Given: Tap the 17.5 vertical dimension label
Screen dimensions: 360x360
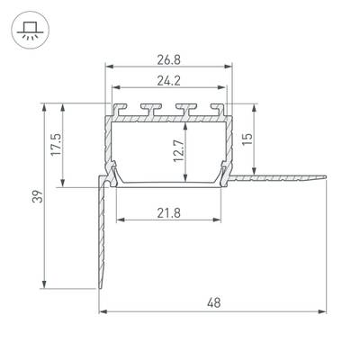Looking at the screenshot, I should [56, 144].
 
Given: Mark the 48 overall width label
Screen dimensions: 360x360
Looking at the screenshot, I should [211, 303].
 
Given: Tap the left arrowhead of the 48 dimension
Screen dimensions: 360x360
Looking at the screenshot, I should [102, 312].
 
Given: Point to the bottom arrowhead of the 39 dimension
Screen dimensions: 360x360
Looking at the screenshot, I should [41, 287].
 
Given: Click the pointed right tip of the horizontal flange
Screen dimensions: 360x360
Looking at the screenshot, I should [323, 177].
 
